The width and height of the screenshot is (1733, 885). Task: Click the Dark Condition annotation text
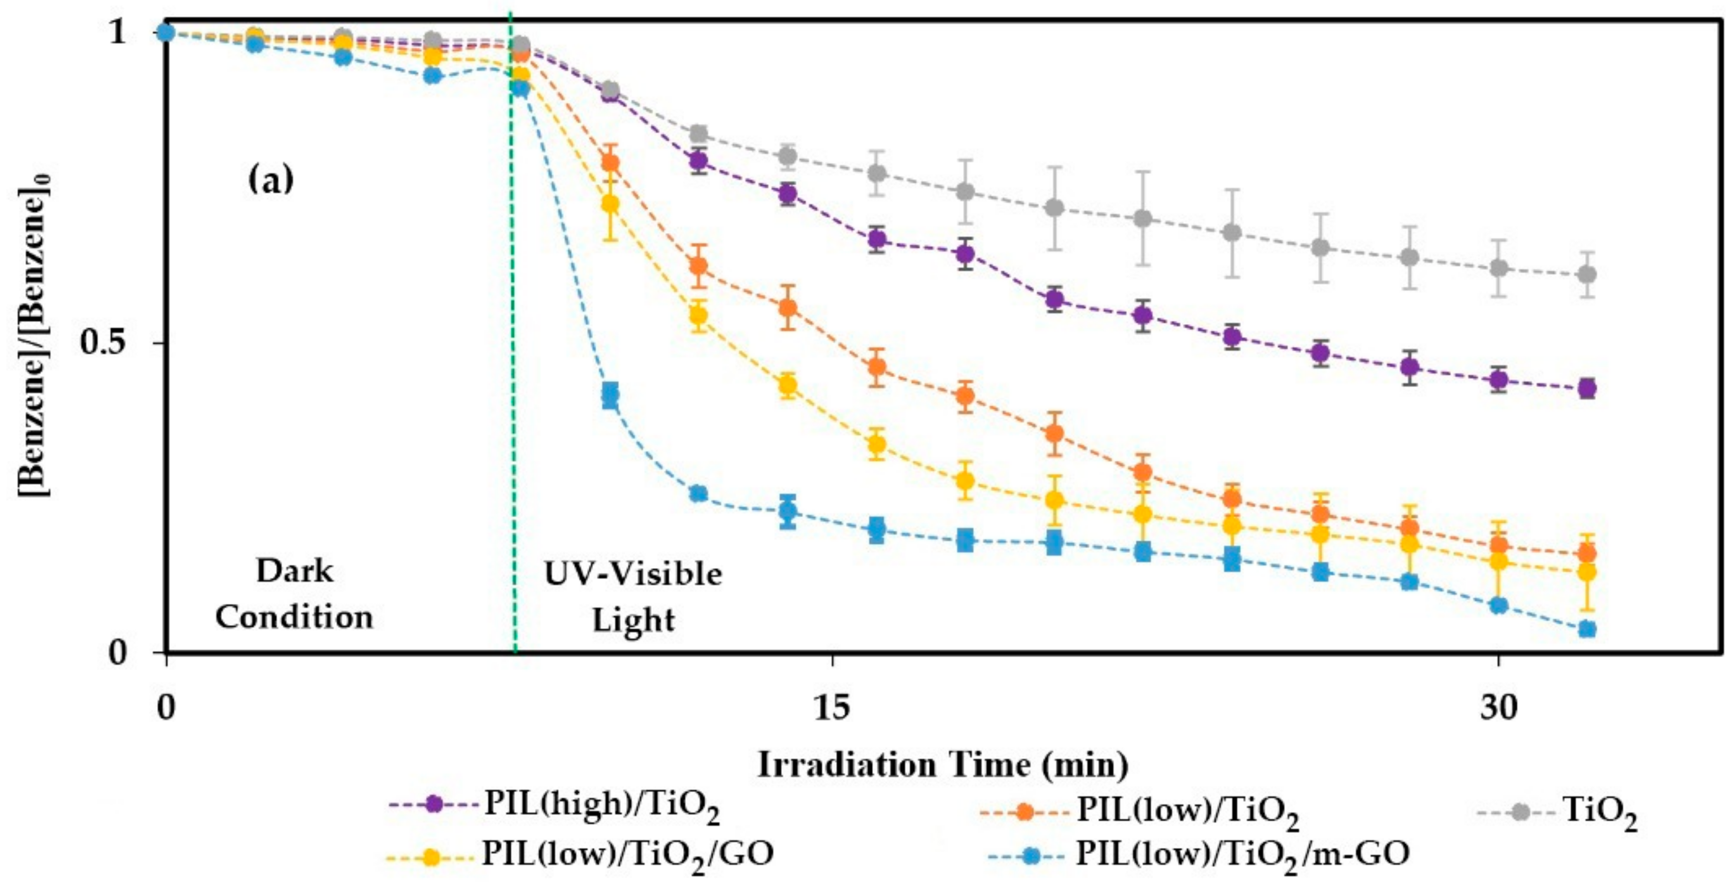[294, 594]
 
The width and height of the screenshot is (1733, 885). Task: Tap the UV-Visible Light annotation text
[632, 596]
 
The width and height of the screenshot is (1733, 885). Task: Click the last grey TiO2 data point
[1587, 274]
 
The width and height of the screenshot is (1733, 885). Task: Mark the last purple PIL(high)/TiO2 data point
[1587, 388]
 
